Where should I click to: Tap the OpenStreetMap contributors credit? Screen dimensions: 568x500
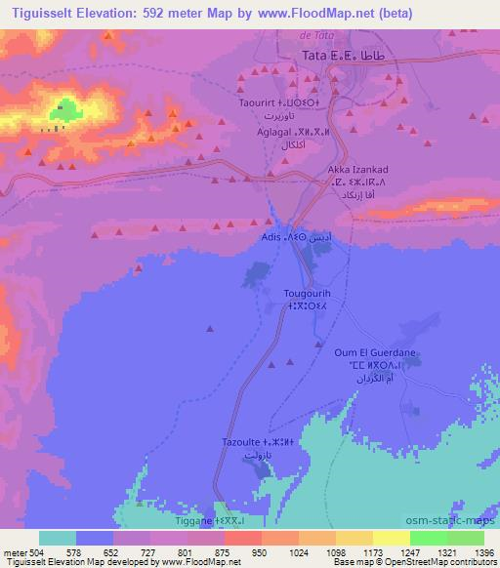pos(442,563)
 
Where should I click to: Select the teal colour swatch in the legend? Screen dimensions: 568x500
pos(57,538)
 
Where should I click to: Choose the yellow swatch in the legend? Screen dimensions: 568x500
pos(391,538)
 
